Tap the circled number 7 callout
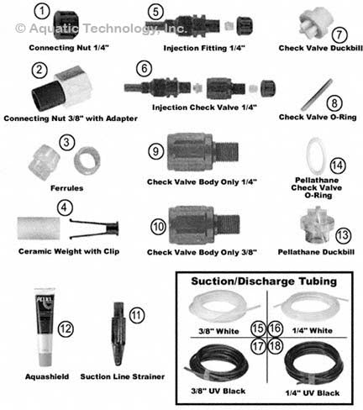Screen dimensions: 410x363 315,34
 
